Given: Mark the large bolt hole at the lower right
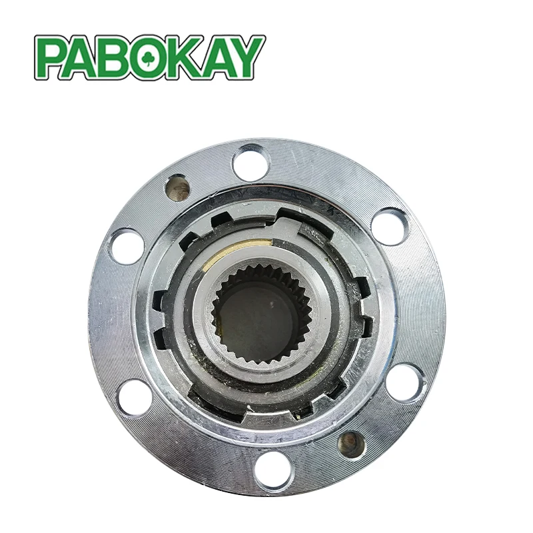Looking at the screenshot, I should [403, 382].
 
